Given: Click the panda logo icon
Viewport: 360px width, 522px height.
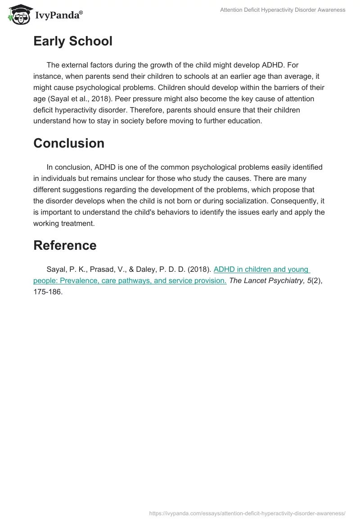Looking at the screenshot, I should coord(18,14).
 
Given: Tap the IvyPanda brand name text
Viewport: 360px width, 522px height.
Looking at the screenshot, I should coord(58,15).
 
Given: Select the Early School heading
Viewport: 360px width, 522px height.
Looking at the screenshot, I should coord(72,41).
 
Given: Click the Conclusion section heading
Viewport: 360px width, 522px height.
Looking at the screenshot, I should coord(69,143).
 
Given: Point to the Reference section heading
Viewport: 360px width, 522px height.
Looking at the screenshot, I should coord(65,245).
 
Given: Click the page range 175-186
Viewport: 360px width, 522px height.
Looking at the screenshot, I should coord(48,292).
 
